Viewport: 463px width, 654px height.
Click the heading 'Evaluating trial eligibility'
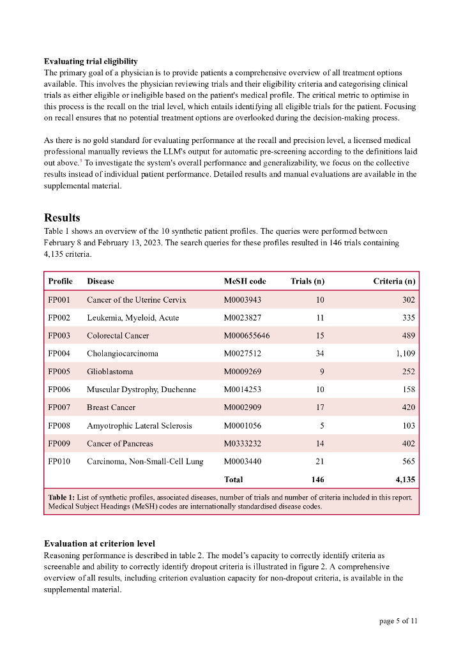click(x=90, y=61)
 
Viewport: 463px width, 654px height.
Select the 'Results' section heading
click(x=62, y=218)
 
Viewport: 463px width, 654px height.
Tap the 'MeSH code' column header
click(x=245, y=281)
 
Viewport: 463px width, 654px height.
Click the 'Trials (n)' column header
click(x=307, y=281)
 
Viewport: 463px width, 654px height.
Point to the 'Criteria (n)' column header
click(x=393, y=281)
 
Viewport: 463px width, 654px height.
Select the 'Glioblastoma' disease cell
click(x=110, y=371)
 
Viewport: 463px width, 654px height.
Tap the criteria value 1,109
click(x=404, y=353)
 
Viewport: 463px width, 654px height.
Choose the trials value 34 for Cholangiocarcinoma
click(x=320, y=353)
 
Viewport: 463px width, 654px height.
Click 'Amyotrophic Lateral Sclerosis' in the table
click(x=139, y=425)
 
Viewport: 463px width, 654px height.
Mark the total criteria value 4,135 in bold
click(x=405, y=479)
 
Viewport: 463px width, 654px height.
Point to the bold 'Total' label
click(x=233, y=479)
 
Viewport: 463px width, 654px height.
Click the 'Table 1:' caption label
click(x=61, y=497)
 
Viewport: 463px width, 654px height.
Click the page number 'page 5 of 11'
click(x=398, y=620)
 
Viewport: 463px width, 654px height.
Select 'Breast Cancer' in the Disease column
click(x=111, y=407)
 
